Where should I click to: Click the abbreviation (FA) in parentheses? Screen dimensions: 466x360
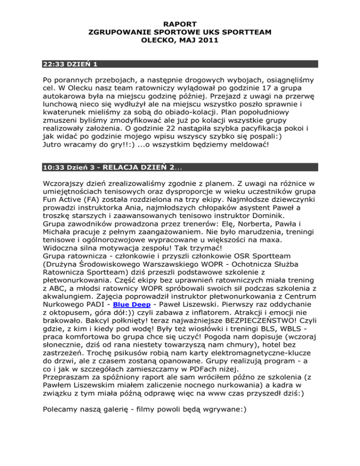tap(92, 200)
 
